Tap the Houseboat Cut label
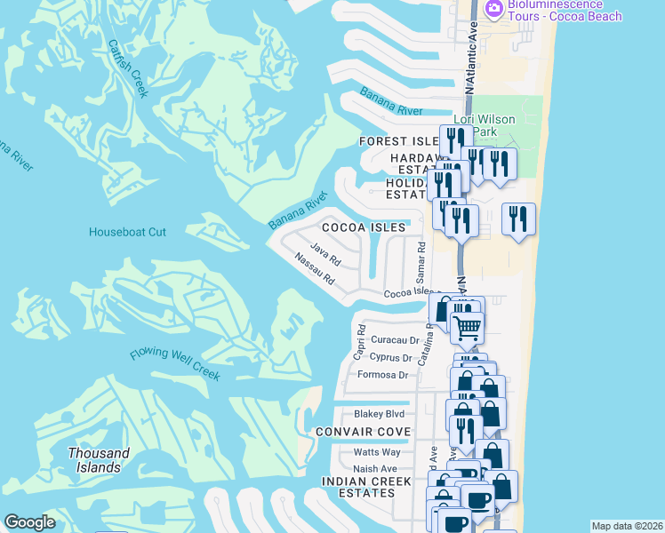click(x=127, y=233)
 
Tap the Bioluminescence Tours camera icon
click(x=493, y=9)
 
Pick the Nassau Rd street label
click(x=314, y=270)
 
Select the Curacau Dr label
click(x=395, y=340)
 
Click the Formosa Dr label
click(x=382, y=375)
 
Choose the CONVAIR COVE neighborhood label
click(x=364, y=432)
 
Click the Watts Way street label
click(x=377, y=452)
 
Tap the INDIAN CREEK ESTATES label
click(x=367, y=488)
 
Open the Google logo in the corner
click(x=29, y=522)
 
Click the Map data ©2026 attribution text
click(x=627, y=526)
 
